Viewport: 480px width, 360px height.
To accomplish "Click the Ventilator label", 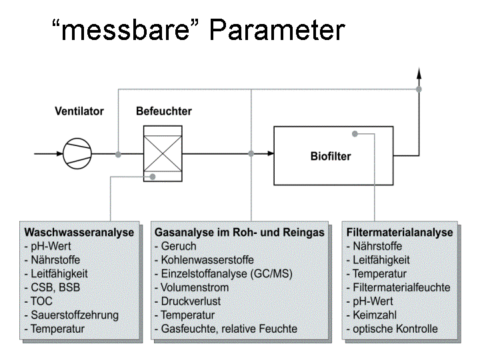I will click(79, 111).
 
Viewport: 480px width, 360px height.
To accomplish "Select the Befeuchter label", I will click(164, 111).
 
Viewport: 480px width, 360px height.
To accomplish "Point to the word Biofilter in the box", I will click(331, 157).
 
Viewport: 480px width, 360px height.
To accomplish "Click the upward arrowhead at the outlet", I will click(419, 73).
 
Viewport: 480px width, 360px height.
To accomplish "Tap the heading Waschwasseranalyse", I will click(79, 233).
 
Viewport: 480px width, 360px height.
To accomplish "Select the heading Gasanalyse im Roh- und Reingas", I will click(240, 233).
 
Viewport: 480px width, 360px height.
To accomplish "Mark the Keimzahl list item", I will click(371, 315).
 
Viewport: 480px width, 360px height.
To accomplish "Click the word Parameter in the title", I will click(277, 30).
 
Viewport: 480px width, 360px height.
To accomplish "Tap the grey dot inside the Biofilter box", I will click(355, 134).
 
